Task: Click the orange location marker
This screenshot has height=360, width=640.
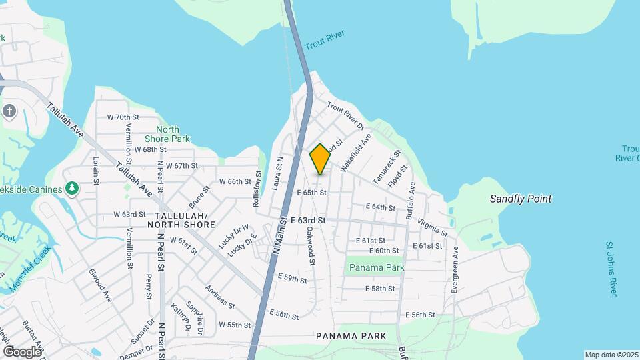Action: click(x=320, y=159)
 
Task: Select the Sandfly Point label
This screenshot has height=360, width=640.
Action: click(x=521, y=199)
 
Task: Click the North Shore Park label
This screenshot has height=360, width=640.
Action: click(x=168, y=134)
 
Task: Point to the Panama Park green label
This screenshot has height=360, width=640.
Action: click(x=377, y=267)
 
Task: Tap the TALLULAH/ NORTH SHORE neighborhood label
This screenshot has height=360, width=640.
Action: click(x=185, y=220)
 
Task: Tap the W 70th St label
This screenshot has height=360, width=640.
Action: click(x=123, y=117)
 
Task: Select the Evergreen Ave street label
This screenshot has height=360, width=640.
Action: click(x=455, y=269)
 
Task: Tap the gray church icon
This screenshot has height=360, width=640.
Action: click(x=9, y=111)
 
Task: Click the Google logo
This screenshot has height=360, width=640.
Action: click(x=22, y=351)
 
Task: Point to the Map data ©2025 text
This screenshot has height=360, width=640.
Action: click(x=611, y=355)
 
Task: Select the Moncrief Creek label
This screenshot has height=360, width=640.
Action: click(x=30, y=269)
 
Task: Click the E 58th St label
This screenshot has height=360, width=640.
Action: click(x=381, y=289)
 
